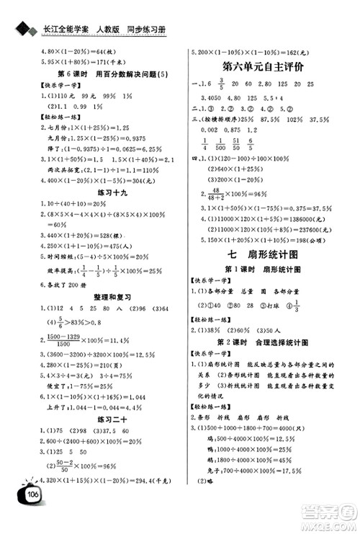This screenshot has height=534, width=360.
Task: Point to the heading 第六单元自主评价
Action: point(266,66)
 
